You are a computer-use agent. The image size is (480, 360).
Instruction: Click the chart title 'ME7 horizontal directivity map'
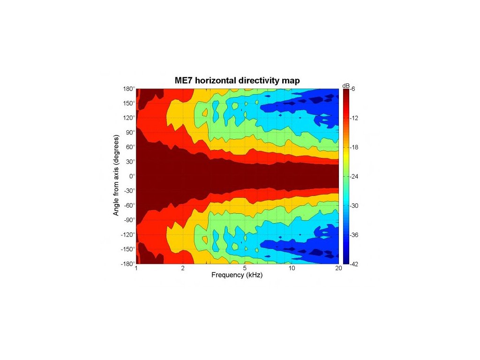[237, 81]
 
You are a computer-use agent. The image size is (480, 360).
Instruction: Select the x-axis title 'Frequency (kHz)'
[237, 275]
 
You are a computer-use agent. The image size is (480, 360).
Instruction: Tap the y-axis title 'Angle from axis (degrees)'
[116, 176]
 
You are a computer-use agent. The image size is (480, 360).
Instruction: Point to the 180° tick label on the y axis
[129, 89]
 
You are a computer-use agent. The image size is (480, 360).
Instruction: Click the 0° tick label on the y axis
[132, 176]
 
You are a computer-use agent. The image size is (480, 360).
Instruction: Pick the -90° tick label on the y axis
[129, 220]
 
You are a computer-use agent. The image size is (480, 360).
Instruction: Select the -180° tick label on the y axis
[128, 264]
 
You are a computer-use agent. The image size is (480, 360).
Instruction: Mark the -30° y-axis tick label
[129, 191]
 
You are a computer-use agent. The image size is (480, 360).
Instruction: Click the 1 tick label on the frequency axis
[136, 269]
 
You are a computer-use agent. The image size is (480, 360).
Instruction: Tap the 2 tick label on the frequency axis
[183, 269]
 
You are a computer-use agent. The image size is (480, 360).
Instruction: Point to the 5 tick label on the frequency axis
[245, 269]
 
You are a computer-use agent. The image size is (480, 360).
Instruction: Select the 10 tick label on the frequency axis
[292, 269]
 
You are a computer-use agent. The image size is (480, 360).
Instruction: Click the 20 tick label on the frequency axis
[338, 269]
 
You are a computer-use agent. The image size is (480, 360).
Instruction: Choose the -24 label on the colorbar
[355, 177]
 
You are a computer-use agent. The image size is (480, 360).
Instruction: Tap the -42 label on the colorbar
[355, 264]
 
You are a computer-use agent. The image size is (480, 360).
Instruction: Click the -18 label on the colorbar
[355, 148]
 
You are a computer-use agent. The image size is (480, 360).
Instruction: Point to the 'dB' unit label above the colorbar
[346, 85]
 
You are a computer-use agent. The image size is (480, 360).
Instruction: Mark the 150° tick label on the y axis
[129, 103]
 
